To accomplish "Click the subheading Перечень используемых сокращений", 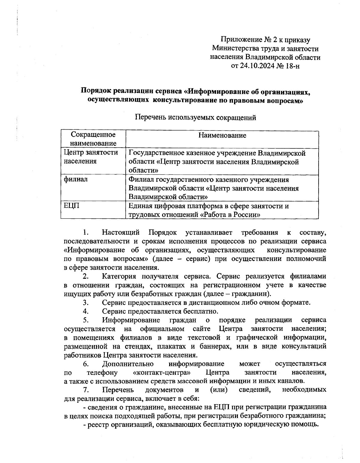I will (195, 117).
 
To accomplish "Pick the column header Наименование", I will (222, 135).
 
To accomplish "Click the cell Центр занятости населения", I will (91, 157).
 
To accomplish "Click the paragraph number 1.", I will (86, 233).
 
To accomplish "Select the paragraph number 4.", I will (86, 311).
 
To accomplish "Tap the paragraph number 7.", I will (86, 390).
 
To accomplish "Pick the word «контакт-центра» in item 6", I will (162, 372).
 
